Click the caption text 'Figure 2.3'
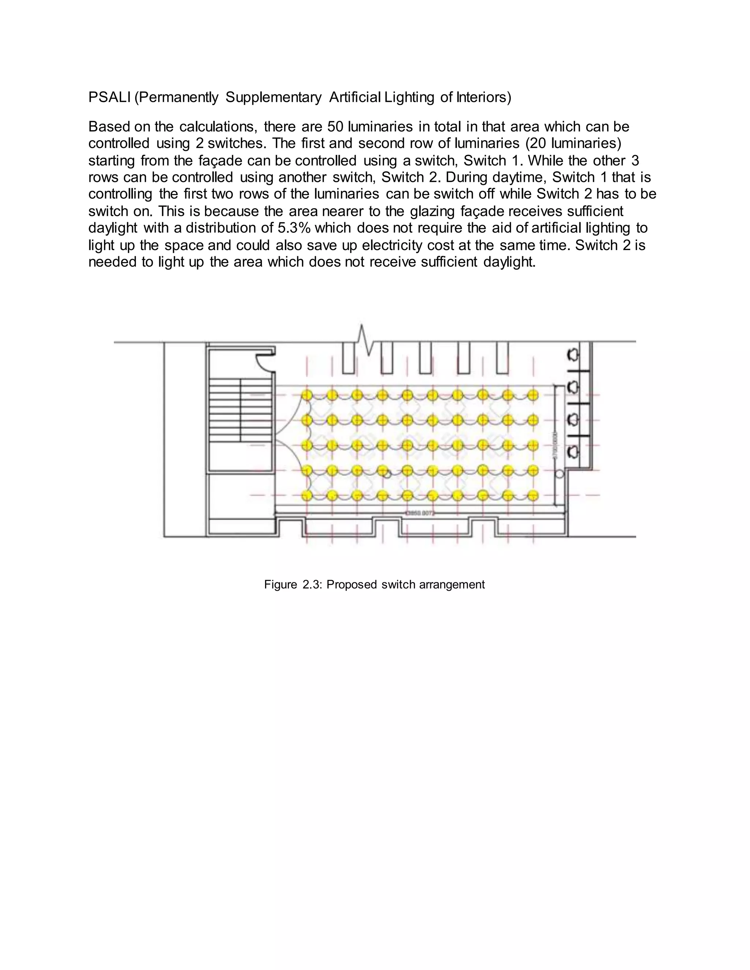point(293,585)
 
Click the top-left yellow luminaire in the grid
point(306,395)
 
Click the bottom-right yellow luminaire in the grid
point(533,496)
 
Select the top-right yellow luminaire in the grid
point(533,395)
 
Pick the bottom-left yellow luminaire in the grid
point(306,496)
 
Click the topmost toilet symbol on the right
point(573,354)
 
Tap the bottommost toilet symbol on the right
point(573,452)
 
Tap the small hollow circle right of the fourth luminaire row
point(560,474)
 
